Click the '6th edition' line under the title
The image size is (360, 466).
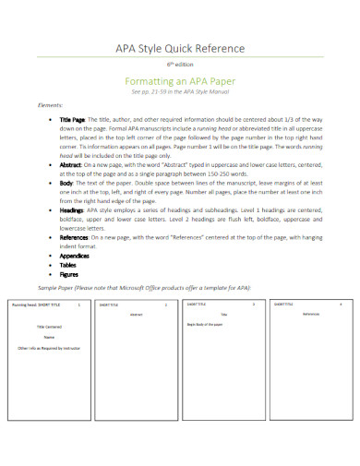pyautogui.click(x=180, y=66)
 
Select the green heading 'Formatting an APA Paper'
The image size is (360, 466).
pyautogui.click(x=180, y=81)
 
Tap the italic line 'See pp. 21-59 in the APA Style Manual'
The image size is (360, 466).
pyautogui.click(x=180, y=92)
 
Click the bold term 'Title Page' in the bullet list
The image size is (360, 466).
pyautogui.click(x=72, y=120)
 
